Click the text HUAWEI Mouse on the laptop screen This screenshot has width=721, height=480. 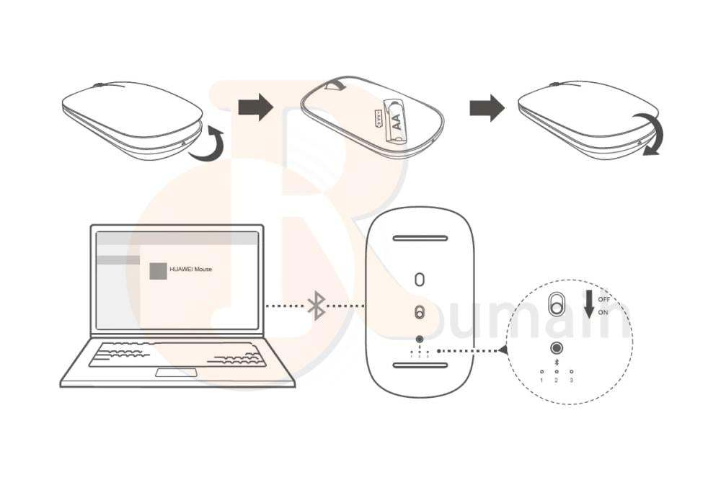pos(191,270)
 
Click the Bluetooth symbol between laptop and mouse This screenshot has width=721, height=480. pos(316,306)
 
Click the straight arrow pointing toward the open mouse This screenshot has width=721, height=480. pos(256,108)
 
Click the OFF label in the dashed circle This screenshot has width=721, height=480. pos(604,299)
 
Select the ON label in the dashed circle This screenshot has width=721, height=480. pos(603,312)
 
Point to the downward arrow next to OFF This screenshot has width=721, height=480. pos(589,303)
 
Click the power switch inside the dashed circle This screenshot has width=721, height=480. pos(556,303)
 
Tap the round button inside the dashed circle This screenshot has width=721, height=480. pos(556,348)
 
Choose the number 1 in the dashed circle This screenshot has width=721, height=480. pos(541,379)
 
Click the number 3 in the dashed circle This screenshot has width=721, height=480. pos(571,379)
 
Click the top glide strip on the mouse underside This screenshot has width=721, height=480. pos(420,238)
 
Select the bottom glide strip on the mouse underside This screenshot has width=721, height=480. pos(420,365)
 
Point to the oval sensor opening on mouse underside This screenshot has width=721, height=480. pos(420,279)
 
